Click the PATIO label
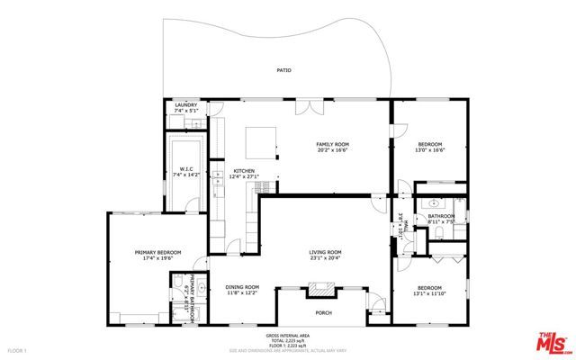[283, 70]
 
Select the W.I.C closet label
[187, 170]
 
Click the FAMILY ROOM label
[331, 147]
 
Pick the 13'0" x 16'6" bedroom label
[429, 148]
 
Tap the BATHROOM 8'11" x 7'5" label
[440, 219]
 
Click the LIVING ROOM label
[326, 255]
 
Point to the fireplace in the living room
[321, 290]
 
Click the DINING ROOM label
[241, 289]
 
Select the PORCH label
[323, 312]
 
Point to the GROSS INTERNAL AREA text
[288, 335]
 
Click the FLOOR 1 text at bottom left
[19, 349]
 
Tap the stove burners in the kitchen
[263, 187]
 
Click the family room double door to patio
[310, 106]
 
